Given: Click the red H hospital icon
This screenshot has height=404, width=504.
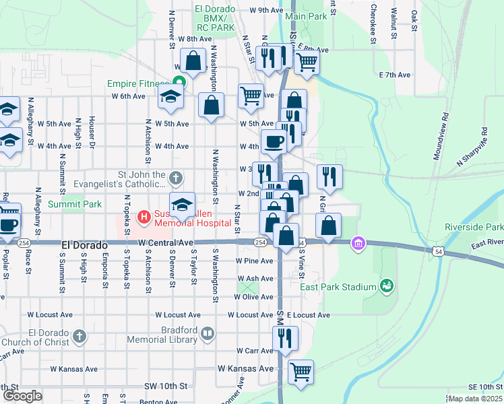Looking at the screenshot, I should pos(144,217).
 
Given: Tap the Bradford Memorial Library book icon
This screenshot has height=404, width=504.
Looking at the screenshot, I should pos(208,333).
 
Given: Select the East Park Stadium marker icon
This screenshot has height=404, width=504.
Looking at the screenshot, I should pos(386,287).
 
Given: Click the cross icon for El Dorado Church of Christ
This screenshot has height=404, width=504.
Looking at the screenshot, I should pos(80,335).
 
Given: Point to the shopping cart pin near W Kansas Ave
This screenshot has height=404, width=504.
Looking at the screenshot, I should pos(301,371).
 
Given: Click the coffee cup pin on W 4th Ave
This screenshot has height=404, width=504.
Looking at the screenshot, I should pos(274,141).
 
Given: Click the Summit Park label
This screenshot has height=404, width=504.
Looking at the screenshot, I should pos(78,203).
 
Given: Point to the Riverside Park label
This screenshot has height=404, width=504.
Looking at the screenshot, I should pos(474,227).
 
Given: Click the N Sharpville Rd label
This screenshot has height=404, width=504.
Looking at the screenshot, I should pos(471,154).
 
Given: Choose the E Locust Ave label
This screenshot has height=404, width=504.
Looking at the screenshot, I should pos(308,314).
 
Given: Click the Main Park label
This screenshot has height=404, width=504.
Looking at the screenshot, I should pos(306,15).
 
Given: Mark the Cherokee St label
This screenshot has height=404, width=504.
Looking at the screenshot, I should pos(372,24).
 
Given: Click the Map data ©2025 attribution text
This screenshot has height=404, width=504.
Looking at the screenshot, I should pos(475,399).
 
